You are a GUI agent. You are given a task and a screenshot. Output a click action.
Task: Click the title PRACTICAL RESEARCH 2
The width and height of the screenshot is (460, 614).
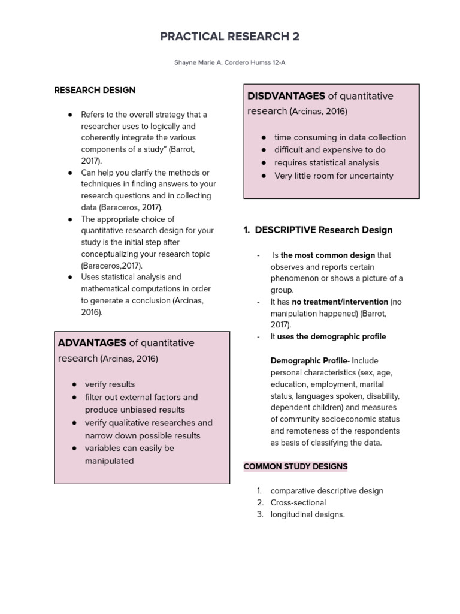click(230, 37)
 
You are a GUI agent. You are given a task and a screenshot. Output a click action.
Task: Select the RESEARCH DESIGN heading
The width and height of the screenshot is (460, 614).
click(95, 90)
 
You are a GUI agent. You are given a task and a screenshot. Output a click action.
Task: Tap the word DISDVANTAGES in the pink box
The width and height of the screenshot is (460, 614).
click(286, 96)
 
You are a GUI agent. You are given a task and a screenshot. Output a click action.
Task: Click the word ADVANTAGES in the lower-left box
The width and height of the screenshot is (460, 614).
click(92, 343)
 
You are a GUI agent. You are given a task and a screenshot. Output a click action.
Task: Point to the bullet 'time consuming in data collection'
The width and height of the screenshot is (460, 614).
click(340, 137)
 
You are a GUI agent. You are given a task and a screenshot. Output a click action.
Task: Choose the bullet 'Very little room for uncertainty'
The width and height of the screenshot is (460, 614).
click(334, 176)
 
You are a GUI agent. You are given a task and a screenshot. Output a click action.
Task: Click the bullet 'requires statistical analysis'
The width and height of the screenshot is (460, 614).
click(326, 162)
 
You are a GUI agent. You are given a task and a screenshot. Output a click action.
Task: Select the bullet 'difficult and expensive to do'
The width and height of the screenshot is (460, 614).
click(329, 150)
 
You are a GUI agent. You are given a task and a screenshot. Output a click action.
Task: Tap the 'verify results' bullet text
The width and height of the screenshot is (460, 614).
click(110, 384)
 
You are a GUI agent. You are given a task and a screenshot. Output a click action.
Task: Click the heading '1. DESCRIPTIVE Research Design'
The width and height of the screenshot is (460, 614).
click(318, 230)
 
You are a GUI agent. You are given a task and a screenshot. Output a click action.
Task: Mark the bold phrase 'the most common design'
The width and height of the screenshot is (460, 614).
click(328, 255)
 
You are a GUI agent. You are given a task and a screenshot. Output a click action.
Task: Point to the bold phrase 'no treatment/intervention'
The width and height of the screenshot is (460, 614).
click(340, 302)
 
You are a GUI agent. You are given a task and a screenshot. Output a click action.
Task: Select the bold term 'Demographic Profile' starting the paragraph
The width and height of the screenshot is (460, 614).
click(308, 360)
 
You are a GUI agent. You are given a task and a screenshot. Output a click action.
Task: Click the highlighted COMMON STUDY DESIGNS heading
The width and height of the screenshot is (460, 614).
click(295, 466)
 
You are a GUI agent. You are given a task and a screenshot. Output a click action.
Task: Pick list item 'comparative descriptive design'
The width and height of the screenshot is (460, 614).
click(326, 491)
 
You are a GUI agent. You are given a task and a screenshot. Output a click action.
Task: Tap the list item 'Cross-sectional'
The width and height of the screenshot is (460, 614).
click(298, 502)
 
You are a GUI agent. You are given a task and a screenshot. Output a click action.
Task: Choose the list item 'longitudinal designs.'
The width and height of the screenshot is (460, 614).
click(307, 514)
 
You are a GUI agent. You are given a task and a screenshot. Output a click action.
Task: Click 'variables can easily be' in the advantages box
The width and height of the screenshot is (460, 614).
click(129, 448)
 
